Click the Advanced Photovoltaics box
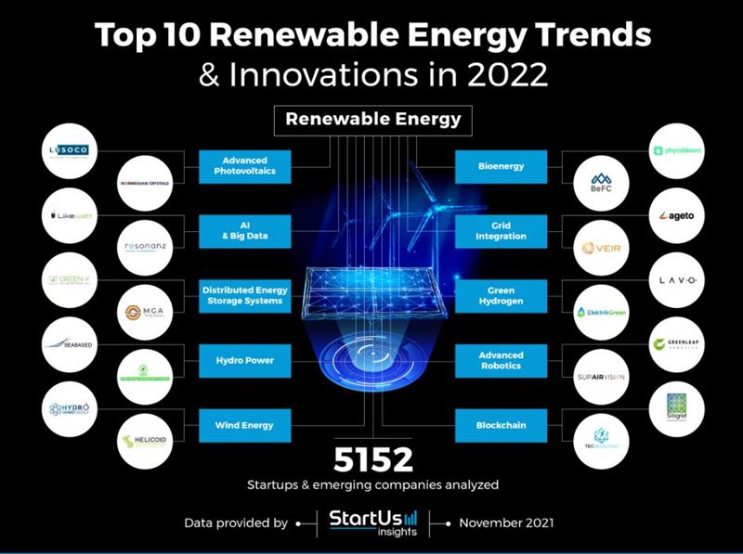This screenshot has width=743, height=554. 245,167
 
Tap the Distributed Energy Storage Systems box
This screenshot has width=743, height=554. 245,296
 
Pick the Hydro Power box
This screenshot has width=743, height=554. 245,360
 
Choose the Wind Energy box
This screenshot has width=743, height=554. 245,425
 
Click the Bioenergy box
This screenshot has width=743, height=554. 502,167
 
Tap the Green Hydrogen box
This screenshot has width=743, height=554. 502,296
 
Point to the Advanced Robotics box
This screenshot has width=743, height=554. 502,360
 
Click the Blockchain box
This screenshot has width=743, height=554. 502,425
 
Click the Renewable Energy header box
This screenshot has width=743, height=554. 372,119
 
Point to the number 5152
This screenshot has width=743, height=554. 372,459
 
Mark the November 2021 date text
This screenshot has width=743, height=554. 507,523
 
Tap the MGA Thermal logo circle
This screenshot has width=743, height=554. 145,312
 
